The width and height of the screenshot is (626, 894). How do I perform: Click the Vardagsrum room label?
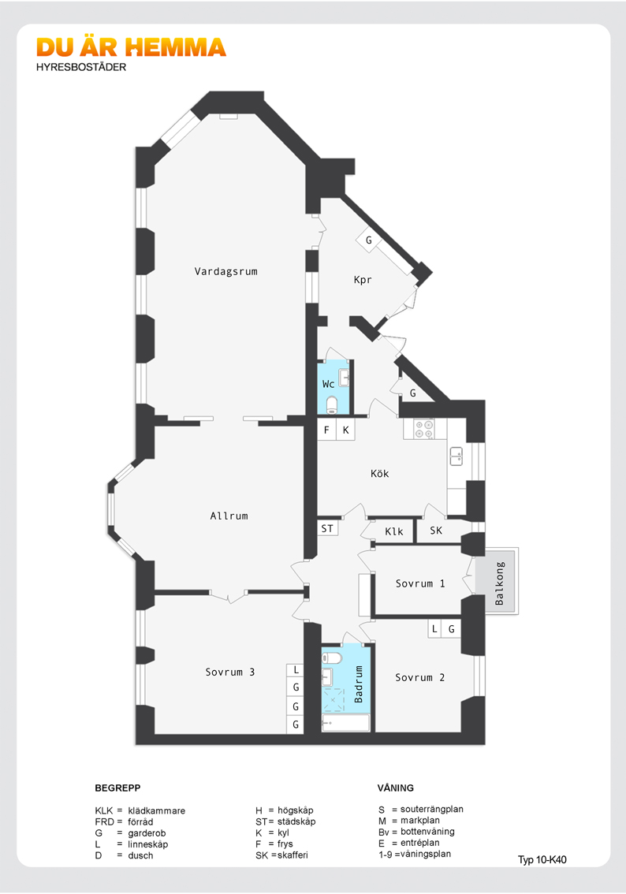coord(226,271)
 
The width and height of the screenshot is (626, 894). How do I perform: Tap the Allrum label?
coord(229,516)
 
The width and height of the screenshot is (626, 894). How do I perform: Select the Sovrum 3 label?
coord(229,672)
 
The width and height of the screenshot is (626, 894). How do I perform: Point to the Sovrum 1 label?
coord(420,584)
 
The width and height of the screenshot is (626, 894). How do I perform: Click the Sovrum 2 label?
coord(420,677)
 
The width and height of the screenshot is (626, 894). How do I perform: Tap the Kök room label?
coord(380,474)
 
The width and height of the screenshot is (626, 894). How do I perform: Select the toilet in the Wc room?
coord(332,405)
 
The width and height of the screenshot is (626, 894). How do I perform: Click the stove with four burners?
coord(424,430)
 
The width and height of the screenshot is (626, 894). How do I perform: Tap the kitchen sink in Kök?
coord(456,456)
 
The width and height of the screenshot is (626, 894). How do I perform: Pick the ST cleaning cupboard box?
coord(327,528)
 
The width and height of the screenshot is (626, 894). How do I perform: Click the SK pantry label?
coord(436,531)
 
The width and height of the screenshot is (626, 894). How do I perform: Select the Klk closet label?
coord(394,532)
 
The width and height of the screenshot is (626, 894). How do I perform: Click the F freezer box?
coord(326,430)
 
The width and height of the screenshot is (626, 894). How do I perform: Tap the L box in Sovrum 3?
coord(296,670)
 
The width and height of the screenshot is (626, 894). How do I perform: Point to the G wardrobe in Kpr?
coord(368,240)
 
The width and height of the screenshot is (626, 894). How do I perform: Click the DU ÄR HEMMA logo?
coord(132,47)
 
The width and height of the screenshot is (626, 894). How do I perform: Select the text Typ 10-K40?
coord(542,859)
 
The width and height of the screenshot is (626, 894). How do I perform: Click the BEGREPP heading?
coord(117,788)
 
